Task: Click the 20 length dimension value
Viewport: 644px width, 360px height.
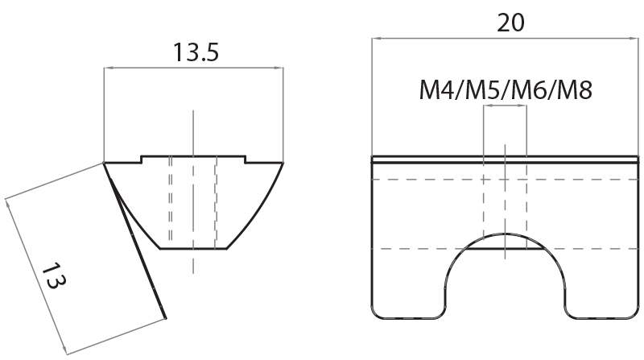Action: point(511,23)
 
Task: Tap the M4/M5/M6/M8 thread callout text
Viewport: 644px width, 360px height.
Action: point(506,89)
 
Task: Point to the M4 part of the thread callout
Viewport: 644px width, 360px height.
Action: point(436,89)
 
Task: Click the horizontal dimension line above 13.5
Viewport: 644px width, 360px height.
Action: point(193,69)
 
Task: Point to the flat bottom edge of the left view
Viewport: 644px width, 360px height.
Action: point(193,248)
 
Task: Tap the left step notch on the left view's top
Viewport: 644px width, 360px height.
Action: point(142,159)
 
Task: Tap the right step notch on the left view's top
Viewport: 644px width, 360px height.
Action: point(245,159)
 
